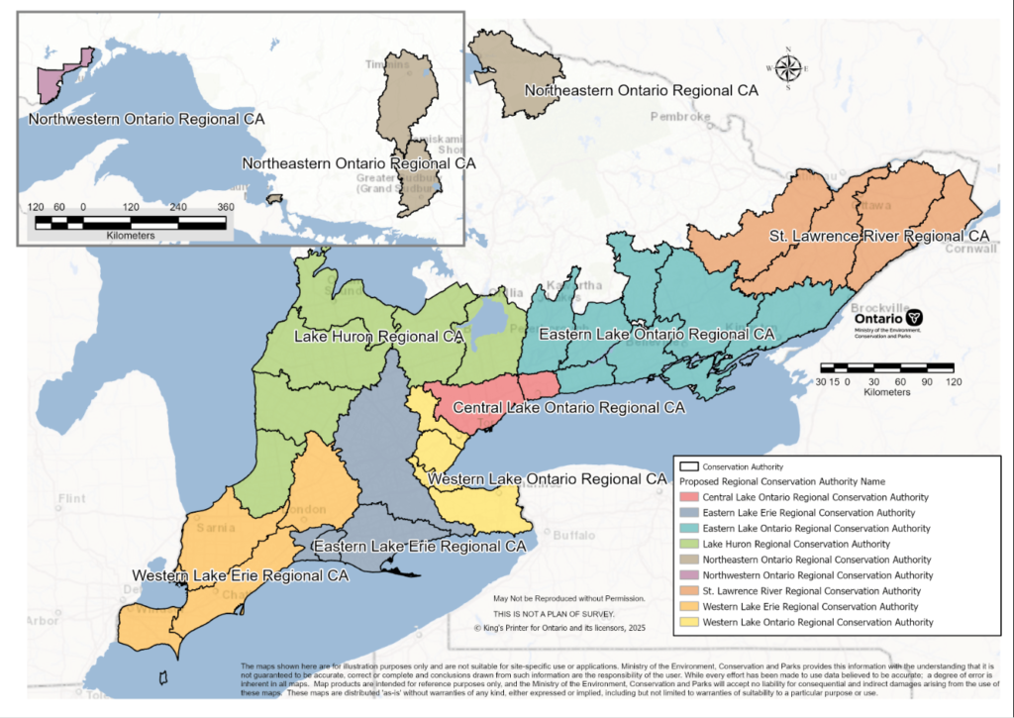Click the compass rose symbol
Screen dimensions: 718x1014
point(788,67)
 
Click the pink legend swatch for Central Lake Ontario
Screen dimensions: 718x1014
point(688,497)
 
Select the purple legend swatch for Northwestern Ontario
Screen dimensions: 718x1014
point(688,574)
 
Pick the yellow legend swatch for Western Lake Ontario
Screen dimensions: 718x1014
point(688,622)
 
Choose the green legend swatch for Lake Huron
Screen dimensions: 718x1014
point(688,544)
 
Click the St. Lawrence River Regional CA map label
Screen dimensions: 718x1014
point(878,237)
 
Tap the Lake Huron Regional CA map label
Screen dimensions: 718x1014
point(379,337)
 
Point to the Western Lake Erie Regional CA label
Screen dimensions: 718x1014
point(241,575)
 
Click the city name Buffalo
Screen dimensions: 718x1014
point(572,535)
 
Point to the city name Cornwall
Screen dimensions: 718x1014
point(972,249)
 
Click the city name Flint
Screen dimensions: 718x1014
point(72,498)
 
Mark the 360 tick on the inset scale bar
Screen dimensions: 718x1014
point(226,207)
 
